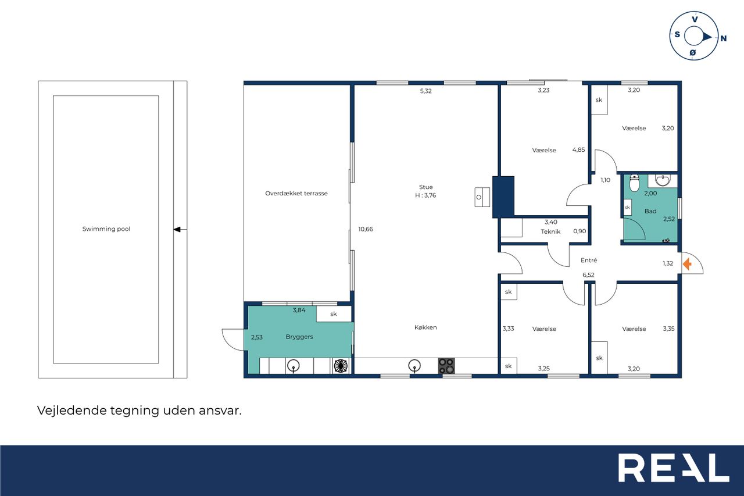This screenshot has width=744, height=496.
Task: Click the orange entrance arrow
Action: [x=687, y=264]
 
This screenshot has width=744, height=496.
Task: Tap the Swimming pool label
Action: [x=106, y=229]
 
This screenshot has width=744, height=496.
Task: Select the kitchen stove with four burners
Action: [x=446, y=366]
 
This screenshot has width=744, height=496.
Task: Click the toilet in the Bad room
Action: [x=634, y=183]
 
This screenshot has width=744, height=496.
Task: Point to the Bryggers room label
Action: [x=299, y=337]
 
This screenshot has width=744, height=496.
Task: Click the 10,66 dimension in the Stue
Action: [x=366, y=229]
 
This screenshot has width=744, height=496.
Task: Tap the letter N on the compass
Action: [x=724, y=38]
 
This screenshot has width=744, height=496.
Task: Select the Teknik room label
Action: [x=550, y=231]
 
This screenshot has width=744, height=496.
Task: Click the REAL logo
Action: [x=673, y=468]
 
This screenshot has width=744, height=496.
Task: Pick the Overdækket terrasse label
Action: [x=296, y=194]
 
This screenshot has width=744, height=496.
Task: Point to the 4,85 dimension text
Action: [x=578, y=150]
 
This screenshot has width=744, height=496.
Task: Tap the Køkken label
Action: [x=425, y=327]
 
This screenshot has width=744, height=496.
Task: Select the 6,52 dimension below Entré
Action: [x=588, y=275]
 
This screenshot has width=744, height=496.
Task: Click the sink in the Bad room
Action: [x=663, y=181]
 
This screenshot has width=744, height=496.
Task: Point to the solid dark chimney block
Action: [x=503, y=197]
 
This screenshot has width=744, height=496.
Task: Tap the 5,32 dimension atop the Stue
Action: [x=425, y=91]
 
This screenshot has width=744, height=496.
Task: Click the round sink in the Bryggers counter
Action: [x=294, y=366]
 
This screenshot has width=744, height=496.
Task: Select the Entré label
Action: [x=589, y=260]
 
